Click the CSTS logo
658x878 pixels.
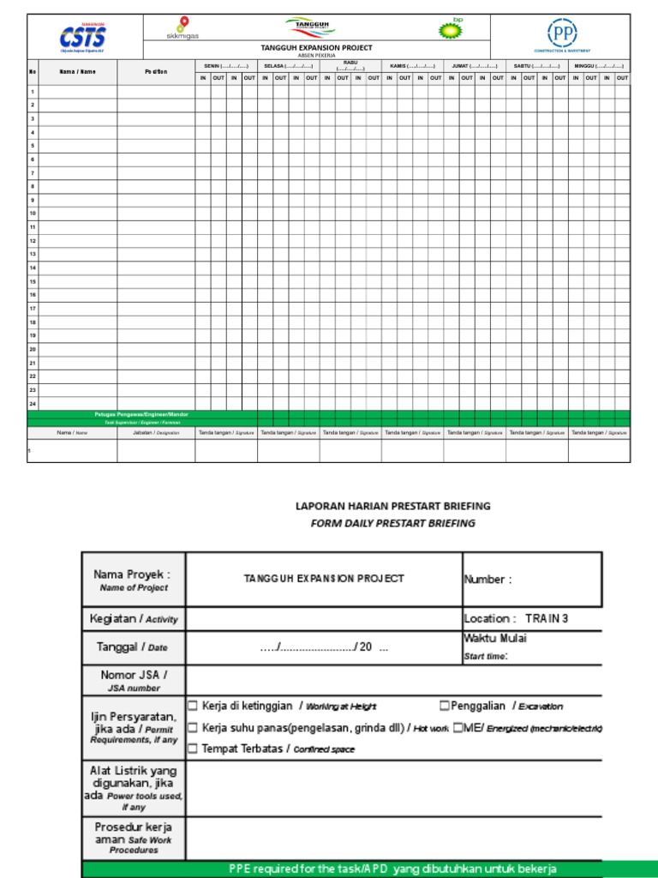tap(83, 38)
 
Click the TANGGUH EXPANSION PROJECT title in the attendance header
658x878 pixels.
tap(316, 48)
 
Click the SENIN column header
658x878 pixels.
tap(226, 66)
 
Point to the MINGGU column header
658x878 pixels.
tap(599, 66)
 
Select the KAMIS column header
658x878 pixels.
tap(412, 66)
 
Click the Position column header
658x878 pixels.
tap(156, 71)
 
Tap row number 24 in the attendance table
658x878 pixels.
tap(33, 403)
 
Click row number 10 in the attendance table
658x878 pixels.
tap(33, 213)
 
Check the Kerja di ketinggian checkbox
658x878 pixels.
tap(193, 706)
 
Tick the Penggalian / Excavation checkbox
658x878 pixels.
tap(444, 706)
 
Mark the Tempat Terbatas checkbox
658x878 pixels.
tap(193, 749)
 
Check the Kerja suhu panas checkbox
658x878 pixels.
tap(193, 727)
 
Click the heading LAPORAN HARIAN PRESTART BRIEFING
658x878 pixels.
tap(392, 507)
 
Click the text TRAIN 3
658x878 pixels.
tap(546, 618)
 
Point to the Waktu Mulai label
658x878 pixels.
tap(495, 638)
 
